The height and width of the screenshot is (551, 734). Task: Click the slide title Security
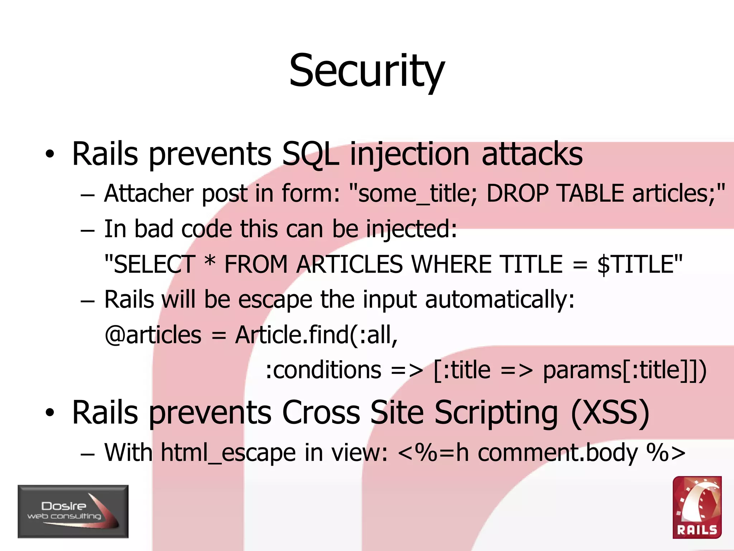(367, 71)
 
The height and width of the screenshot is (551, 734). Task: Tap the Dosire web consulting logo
(73, 511)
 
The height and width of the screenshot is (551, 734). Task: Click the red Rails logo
(697, 507)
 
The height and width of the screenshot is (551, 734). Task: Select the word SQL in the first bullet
(310, 154)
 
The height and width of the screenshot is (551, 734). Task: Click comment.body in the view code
(558, 453)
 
